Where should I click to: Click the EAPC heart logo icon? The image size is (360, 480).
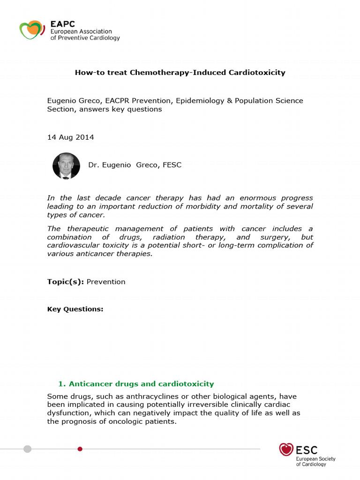tap(31, 30)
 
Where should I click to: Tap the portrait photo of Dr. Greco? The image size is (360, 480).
tap(66, 166)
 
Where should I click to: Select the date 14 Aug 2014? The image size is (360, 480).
tap(70, 137)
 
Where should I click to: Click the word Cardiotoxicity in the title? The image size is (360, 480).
tap(257, 73)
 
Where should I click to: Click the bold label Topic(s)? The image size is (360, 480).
tap(66, 282)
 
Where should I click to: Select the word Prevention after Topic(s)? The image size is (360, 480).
tap(106, 282)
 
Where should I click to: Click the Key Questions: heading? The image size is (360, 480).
tap(75, 309)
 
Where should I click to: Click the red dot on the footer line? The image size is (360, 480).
tap(80, 449)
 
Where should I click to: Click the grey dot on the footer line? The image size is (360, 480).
tap(28, 449)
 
